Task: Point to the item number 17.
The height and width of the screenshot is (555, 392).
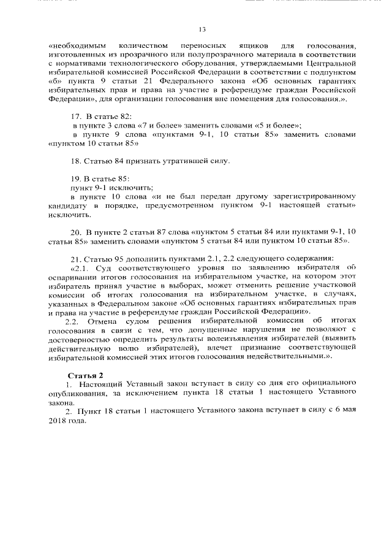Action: point(77,116)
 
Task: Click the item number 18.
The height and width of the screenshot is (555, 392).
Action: point(77,161)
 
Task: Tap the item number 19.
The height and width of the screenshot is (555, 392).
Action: point(77,178)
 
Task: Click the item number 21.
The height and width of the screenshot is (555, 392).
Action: point(76,258)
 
